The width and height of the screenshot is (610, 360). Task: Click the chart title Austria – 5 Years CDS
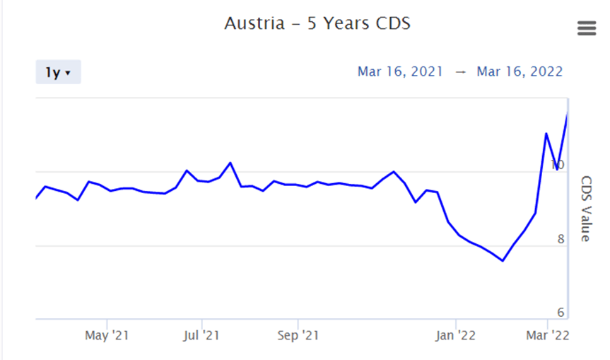(317, 23)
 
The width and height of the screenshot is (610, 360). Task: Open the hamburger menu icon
(587, 28)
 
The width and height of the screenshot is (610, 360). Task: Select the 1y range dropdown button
(58, 72)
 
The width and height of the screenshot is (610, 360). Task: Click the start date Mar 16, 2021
(400, 71)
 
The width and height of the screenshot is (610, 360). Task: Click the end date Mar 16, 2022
(520, 71)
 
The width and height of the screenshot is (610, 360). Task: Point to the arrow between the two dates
(460, 72)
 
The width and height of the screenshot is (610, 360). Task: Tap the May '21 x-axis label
(106, 335)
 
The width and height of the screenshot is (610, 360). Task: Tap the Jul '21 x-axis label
(202, 335)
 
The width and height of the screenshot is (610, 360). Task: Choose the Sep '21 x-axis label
(298, 335)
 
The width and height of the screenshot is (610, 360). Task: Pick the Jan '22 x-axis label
(455, 335)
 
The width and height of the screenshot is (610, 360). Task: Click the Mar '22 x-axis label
(549, 335)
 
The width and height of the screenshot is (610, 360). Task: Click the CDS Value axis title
(586, 209)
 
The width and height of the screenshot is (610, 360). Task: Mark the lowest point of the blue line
(503, 261)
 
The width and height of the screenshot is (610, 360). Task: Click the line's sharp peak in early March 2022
(546, 133)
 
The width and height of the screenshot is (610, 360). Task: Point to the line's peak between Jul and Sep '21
(230, 163)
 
